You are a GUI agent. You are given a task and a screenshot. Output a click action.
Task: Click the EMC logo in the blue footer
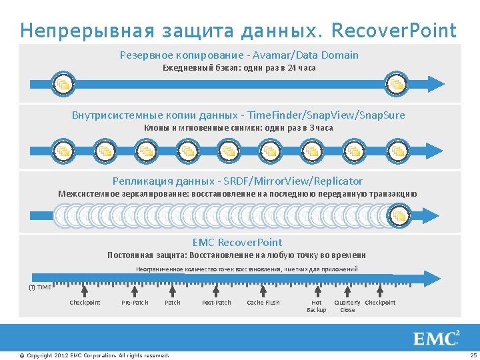point(437,338)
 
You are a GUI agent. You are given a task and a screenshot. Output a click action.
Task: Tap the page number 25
point(473,355)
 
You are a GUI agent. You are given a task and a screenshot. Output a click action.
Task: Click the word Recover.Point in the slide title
point(394,31)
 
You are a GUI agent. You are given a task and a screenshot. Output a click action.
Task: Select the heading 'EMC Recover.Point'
point(237,243)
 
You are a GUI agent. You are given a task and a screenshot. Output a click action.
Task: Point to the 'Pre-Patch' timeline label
point(135,303)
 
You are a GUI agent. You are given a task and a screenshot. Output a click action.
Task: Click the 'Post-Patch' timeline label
point(217,303)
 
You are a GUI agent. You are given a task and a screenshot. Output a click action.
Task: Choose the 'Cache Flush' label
point(263,303)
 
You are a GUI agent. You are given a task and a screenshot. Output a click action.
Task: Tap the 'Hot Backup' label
point(317,306)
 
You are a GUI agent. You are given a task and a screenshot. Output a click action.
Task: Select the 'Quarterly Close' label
point(347,306)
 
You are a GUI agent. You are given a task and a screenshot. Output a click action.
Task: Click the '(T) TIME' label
point(39,287)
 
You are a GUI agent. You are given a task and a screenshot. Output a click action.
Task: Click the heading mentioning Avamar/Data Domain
point(239,55)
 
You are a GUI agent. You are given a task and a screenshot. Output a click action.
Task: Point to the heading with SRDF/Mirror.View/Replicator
point(237,181)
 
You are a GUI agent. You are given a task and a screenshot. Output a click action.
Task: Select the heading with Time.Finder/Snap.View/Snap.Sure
point(238,115)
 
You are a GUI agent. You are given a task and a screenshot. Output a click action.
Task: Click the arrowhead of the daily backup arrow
point(436,83)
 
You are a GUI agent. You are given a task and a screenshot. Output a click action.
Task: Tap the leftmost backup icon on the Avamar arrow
point(63,84)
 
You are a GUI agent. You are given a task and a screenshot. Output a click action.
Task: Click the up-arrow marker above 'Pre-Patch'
point(135,290)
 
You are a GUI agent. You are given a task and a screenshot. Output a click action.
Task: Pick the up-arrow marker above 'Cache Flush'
point(263,290)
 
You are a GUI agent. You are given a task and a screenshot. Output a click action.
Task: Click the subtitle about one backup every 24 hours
point(239,68)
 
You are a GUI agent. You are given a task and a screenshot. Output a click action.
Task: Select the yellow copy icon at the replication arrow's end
point(399,215)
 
